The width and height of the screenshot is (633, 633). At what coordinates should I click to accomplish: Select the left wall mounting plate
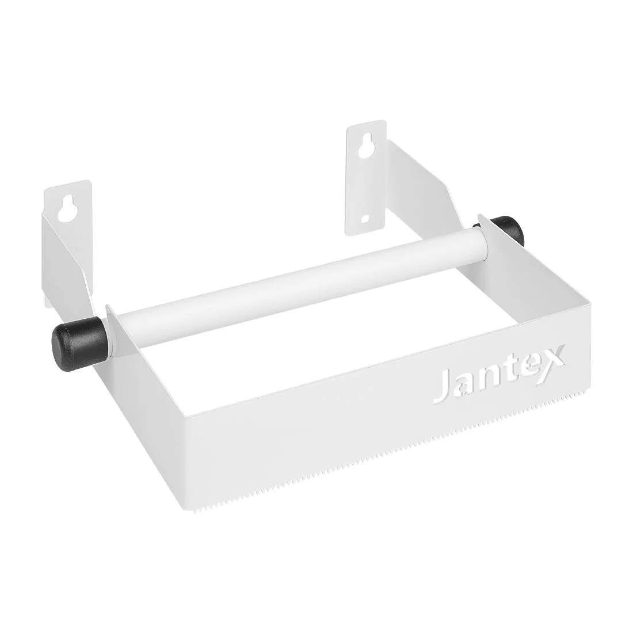70,230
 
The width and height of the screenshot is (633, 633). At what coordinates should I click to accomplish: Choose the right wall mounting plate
365,178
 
